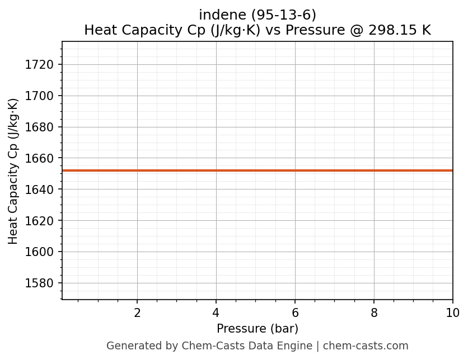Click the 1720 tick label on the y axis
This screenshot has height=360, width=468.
tap(39, 65)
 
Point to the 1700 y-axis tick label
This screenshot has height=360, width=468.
tap(39, 96)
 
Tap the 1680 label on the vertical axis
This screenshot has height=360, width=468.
tap(39, 127)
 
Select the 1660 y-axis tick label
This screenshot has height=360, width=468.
tap(39, 158)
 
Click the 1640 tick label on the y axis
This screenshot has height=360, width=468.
tap(39, 190)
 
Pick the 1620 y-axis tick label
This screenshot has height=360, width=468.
tap(39, 221)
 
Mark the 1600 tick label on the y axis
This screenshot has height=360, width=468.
tap(39, 252)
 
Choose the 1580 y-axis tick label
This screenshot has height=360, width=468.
tap(39, 283)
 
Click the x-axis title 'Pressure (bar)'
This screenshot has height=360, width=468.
tap(258, 329)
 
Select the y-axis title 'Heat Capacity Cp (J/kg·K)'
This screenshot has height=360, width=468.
tap(13, 171)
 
